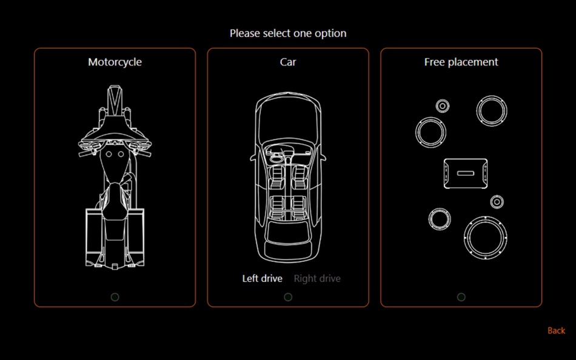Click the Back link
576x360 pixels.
click(x=556, y=331)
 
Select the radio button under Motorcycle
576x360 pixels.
click(x=115, y=297)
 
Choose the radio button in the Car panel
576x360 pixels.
click(x=288, y=297)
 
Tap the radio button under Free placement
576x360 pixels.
click(x=461, y=297)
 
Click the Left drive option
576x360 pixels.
click(x=263, y=278)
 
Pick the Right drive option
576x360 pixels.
click(x=317, y=278)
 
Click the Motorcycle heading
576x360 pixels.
click(x=115, y=62)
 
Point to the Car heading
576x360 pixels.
click(x=288, y=62)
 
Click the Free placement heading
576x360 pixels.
click(x=461, y=62)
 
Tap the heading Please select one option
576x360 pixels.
click(x=288, y=33)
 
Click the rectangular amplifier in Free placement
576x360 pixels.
click(x=466, y=173)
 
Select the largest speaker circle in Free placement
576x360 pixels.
click(x=485, y=238)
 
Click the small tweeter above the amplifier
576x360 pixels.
click(x=443, y=106)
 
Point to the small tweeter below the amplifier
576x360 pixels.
click(x=497, y=202)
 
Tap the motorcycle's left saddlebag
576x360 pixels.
click(x=93, y=237)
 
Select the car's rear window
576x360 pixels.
click(x=288, y=232)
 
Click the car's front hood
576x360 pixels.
click(x=288, y=118)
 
